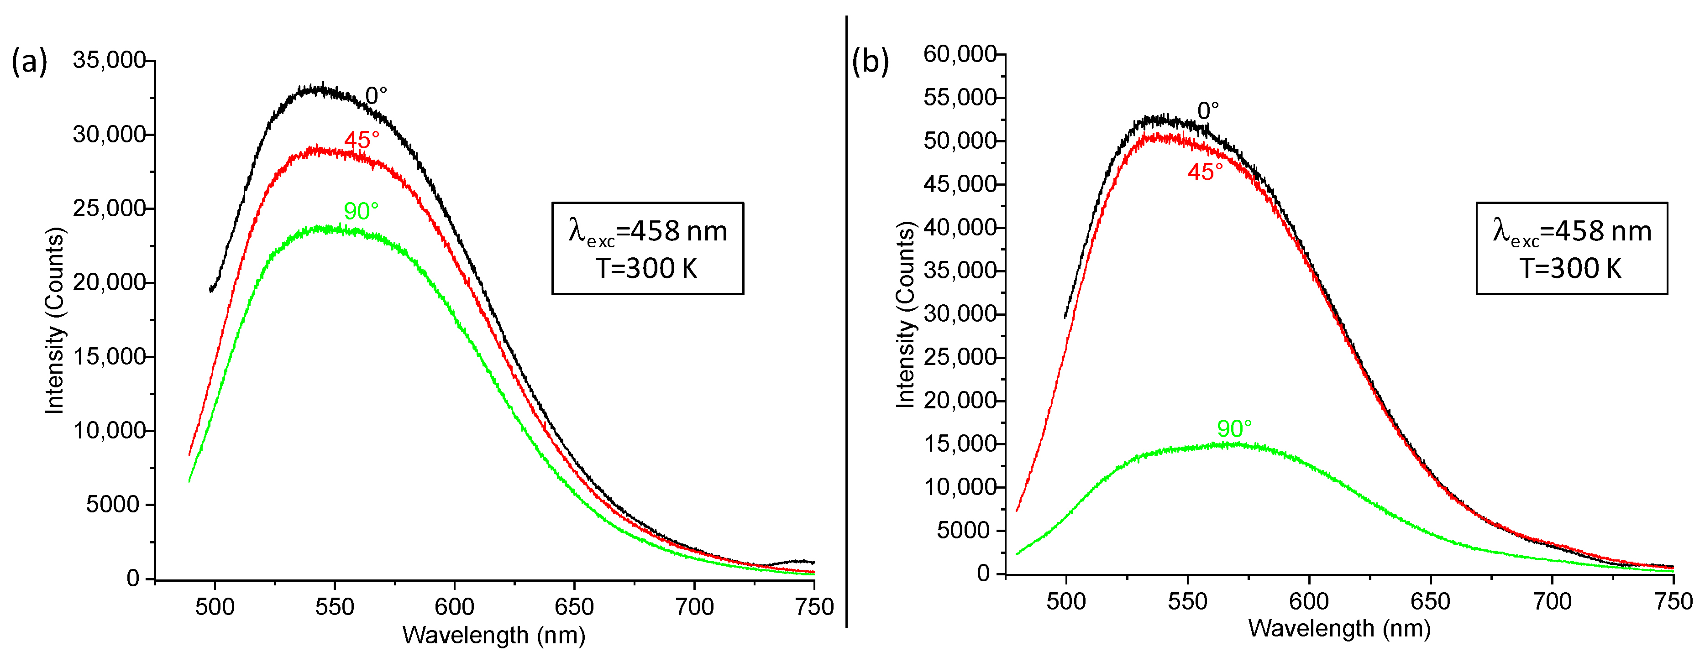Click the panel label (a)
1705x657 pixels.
[x=29, y=62]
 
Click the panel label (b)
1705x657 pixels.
[x=870, y=62]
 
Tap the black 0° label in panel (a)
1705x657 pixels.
[x=376, y=96]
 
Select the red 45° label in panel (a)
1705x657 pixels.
[x=362, y=140]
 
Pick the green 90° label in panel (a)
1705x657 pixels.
[x=361, y=211]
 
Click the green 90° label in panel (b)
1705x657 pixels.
[x=1234, y=429]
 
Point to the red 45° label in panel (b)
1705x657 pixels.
[x=1205, y=172]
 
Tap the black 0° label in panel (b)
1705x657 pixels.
[x=1208, y=110]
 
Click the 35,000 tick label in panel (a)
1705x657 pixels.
[x=109, y=60]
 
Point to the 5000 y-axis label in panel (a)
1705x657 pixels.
[x=112, y=505]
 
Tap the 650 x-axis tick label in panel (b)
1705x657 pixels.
[x=1430, y=601]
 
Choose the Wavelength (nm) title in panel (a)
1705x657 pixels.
[x=494, y=635]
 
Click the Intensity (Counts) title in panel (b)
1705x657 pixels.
[x=905, y=314]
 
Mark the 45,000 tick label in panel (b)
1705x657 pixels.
[x=959, y=184]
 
